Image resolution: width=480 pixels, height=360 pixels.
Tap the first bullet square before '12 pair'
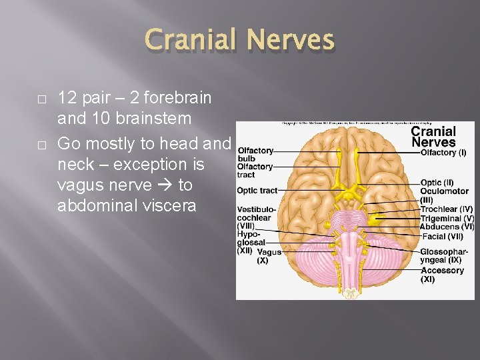pyautogui.click(x=41, y=99)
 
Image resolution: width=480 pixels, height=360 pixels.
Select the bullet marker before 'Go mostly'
pyautogui.click(x=41, y=145)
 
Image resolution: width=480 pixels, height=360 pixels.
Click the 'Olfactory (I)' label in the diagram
pyautogui.click(x=443, y=153)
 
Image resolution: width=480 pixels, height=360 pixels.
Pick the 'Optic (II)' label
pyautogui.click(x=437, y=182)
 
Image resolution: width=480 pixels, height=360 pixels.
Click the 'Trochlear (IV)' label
pyautogui.click(x=446, y=209)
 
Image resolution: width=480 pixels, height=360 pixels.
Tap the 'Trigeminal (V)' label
pyautogui.click(x=447, y=218)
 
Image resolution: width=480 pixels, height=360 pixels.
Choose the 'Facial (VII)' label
pyautogui.click(x=441, y=236)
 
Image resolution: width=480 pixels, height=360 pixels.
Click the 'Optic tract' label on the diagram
pyautogui.click(x=257, y=191)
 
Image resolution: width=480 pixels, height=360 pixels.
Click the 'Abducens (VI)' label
pyautogui.click(x=447, y=227)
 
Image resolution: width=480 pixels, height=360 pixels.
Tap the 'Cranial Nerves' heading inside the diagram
pyautogui.click(x=433, y=136)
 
